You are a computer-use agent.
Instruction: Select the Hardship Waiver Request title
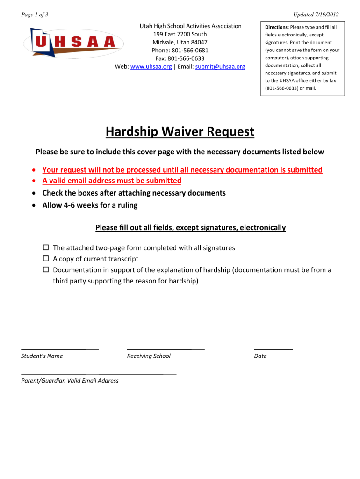180,132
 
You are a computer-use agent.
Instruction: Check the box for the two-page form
46,247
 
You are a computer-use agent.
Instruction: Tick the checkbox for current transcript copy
46,259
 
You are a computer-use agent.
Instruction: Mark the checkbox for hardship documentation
46,270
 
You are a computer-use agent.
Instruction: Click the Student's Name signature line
60,348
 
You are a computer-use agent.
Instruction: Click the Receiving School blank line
166,348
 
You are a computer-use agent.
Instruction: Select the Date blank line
274,348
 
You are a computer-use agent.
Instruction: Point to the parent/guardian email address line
99,373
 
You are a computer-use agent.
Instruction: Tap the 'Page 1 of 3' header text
35,15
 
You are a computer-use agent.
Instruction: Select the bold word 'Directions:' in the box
277,27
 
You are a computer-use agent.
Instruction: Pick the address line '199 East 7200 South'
180,34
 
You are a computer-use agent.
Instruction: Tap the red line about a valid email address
112,181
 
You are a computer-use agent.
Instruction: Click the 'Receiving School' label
149,356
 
